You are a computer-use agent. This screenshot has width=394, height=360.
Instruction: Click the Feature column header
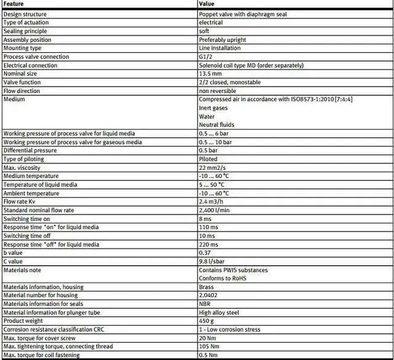[14, 4]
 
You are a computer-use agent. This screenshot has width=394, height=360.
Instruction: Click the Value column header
[207, 4]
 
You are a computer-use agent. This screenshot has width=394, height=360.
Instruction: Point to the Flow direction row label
[22, 90]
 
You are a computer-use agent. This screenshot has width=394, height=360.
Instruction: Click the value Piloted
[208, 159]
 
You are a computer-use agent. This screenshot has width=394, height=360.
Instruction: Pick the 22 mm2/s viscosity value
[213, 167]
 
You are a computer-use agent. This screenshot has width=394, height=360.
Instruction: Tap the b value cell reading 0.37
[205, 252]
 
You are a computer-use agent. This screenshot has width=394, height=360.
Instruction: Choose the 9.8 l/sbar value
[212, 261]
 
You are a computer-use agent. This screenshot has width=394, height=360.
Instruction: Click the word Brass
[206, 287]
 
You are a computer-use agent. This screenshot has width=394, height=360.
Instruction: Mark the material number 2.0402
[209, 295]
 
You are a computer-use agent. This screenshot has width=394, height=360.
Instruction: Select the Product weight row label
[23, 321]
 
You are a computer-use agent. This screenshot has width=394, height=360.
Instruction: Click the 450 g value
[207, 321]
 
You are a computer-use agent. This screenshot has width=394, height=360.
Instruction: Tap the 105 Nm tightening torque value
[209, 346]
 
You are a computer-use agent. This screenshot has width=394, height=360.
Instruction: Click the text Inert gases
[213, 108]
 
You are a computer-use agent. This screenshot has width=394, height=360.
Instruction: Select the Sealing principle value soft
[204, 31]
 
